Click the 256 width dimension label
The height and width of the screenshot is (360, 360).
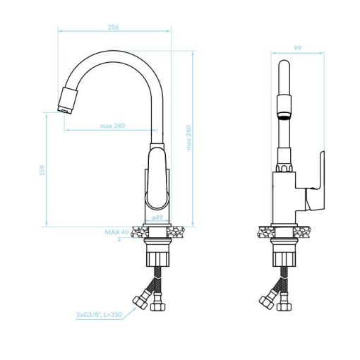click(113, 27)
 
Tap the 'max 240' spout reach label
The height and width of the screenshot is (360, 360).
click(113, 126)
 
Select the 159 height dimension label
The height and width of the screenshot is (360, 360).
click(42, 170)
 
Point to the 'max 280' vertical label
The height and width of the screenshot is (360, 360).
click(188, 138)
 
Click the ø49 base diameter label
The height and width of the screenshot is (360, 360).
click(157, 217)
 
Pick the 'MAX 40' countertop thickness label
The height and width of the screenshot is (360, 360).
click(117, 232)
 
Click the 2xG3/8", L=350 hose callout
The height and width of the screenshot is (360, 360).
click(99, 314)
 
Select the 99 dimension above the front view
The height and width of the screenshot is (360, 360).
click(298, 48)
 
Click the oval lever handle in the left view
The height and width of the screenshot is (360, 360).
click(157, 178)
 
